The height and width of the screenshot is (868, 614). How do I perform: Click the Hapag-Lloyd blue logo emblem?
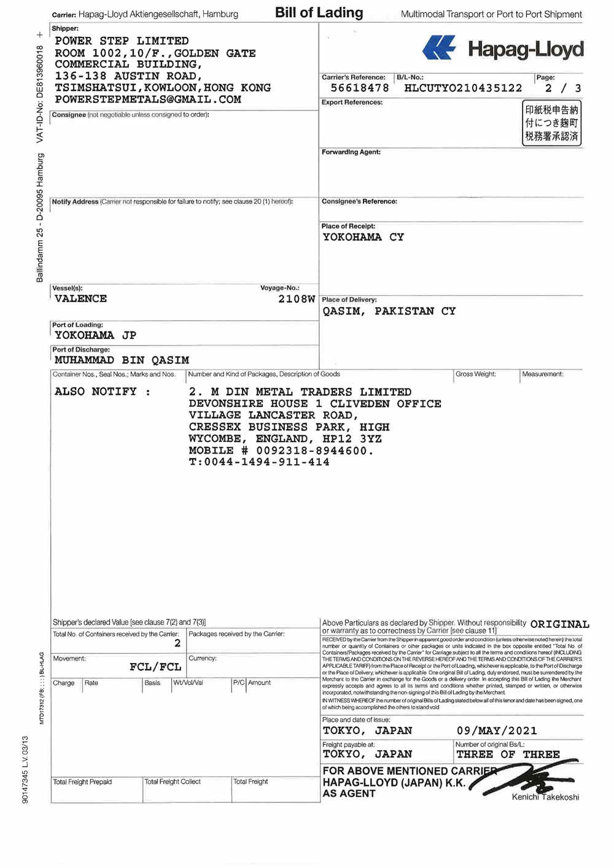coord(439,48)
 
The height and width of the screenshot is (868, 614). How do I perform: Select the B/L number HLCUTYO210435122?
coord(463,88)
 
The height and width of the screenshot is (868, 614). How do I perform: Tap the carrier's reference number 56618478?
coord(360,88)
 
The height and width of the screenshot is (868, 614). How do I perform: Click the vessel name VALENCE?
coord(80,299)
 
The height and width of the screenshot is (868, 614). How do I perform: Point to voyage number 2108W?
coord(297,300)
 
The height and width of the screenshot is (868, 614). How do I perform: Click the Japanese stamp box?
coord(551,123)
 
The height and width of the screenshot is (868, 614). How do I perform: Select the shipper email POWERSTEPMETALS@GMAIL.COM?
coord(148,99)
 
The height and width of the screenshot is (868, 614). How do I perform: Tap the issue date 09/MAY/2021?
coord(497,731)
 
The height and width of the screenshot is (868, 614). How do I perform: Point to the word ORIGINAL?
coord(559,624)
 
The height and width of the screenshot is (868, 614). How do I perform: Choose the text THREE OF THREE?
coord(508,754)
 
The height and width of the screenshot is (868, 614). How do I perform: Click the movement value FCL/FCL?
coord(155,667)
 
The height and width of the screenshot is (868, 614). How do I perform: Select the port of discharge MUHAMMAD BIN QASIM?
coord(122,360)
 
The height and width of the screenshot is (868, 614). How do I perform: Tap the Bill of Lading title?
coord(319,13)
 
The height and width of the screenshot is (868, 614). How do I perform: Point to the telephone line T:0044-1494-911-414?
coord(259,462)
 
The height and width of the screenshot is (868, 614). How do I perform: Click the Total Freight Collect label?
coord(173,782)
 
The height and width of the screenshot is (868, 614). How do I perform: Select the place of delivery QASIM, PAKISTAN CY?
coord(389,311)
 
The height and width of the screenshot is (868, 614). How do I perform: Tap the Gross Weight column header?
coord(475,374)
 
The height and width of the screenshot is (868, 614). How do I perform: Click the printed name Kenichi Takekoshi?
coord(545,797)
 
